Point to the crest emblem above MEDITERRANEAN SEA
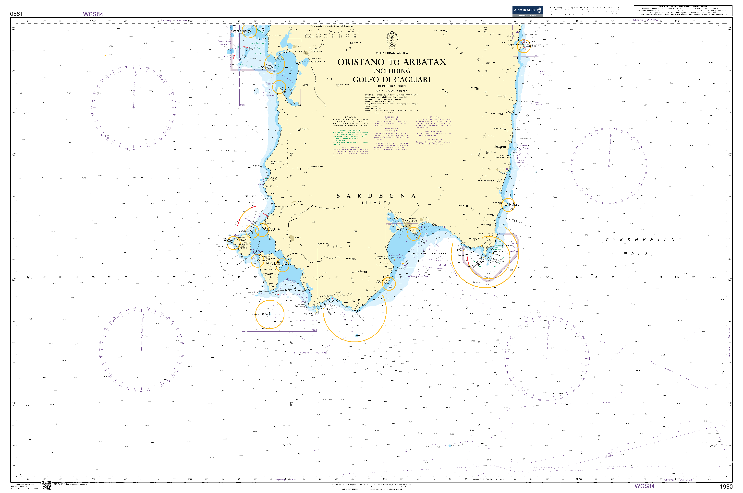[392, 40]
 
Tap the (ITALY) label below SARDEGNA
[376, 202]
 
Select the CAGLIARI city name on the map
[411, 221]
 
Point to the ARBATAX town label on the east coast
[513, 45]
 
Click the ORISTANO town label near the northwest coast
[316, 52]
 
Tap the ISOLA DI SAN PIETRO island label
[244, 246]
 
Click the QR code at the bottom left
[46, 485]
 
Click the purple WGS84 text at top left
[93, 14]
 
